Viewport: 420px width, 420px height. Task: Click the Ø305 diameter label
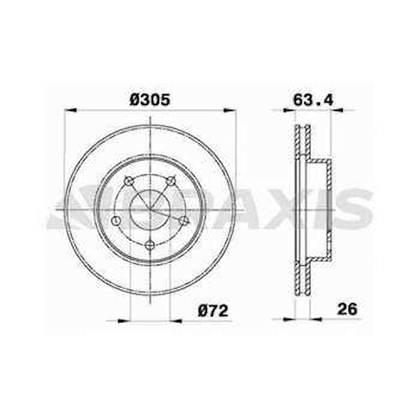(150, 100)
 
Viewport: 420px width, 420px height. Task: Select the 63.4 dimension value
(313, 100)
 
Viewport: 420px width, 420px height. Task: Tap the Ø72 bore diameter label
(213, 311)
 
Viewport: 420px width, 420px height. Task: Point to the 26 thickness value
(347, 309)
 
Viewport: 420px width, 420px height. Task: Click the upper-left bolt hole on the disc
(128, 181)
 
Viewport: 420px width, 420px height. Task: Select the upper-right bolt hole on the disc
(172, 181)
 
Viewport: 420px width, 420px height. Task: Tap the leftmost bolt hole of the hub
(115, 221)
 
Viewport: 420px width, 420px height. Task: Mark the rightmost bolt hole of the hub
(185, 221)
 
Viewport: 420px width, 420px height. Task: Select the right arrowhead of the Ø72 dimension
(177, 321)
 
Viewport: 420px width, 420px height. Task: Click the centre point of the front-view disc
(150, 210)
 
